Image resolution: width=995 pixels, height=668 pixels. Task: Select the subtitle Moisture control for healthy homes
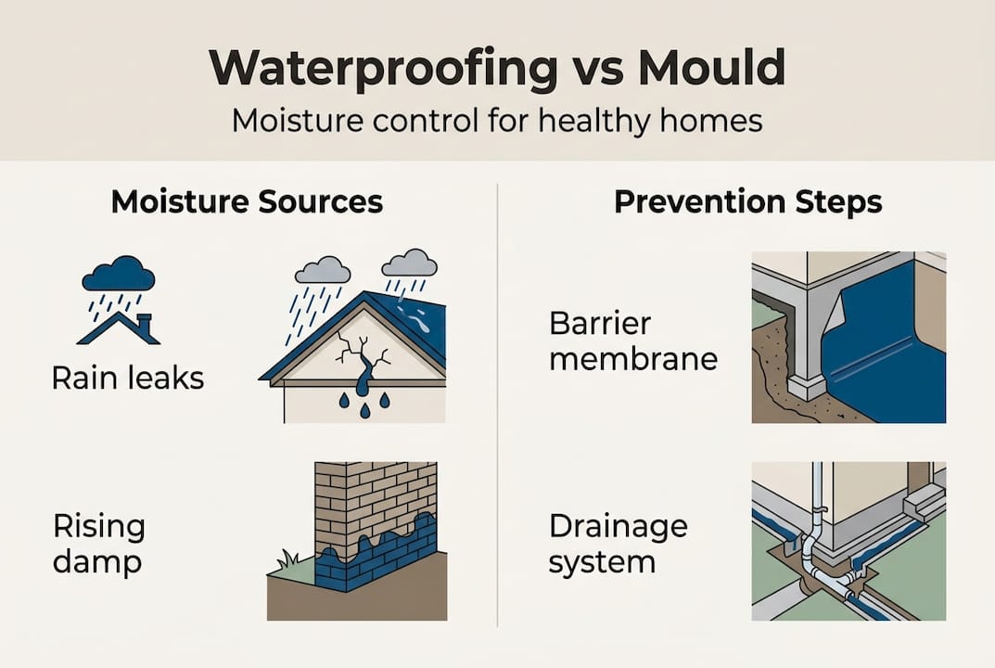(497, 121)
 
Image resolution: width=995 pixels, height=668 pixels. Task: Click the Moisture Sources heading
(247, 201)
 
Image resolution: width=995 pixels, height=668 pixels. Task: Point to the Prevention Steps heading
(747, 201)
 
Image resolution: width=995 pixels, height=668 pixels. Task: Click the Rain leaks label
(128, 378)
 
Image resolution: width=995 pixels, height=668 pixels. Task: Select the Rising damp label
(99, 545)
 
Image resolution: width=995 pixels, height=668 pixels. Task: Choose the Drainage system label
(619, 544)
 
